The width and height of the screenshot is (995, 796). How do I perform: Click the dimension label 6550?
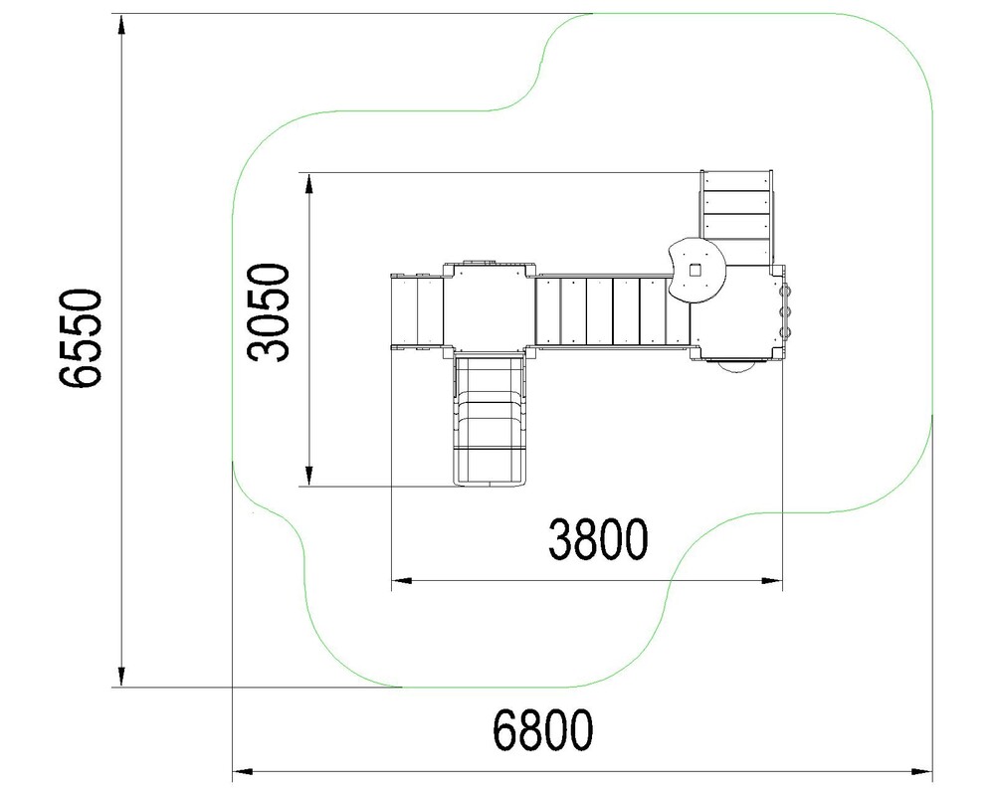[81, 337]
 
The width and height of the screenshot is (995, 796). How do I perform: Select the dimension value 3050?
[268, 311]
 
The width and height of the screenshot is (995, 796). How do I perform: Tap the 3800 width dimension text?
[598, 539]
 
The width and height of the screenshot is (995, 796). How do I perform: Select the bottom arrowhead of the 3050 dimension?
[309, 476]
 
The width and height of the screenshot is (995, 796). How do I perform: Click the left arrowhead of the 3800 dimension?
[402, 580]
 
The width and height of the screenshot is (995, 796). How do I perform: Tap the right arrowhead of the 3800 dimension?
[772, 580]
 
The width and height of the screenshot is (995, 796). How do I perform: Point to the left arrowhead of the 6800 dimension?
[243, 772]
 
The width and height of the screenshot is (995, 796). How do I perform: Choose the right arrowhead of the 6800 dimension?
[922, 772]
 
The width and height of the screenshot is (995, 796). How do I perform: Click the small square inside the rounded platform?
[696, 271]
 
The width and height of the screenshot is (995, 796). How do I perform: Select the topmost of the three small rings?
[786, 291]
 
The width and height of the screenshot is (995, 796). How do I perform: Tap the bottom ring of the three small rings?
[786, 332]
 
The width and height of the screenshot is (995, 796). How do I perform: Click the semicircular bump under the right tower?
[736, 365]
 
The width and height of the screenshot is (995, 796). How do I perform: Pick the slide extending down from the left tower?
[490, 420]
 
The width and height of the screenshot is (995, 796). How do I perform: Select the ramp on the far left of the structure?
[416, 311]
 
